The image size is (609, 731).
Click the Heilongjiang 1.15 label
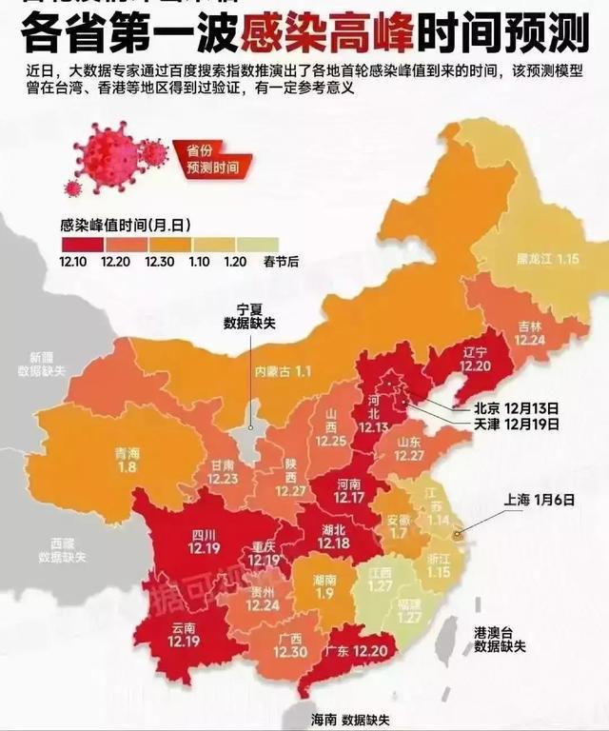pos(548,258)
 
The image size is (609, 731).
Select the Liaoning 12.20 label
pos(476,358)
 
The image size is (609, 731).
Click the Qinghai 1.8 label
pos(127,460)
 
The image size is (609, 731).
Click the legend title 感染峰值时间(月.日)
pos(126,225)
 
